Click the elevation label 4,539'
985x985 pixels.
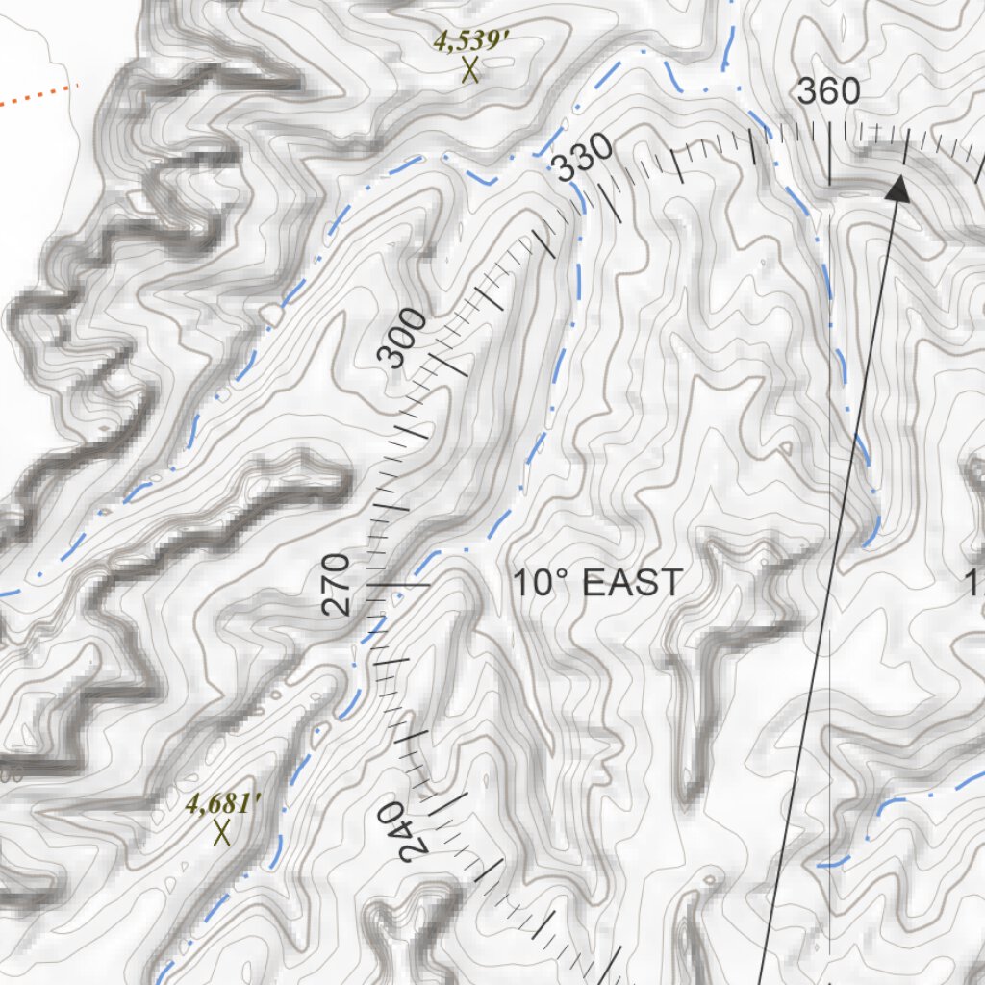[x=469, y=40]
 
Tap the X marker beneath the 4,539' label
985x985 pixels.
[x=470, y=70]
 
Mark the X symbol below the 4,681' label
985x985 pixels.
[x=222, y=832]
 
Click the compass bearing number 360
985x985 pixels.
[x=828, y=91]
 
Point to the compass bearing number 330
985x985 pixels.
[x=583, y=158]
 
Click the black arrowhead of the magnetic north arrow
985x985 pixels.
[x=898, y=189]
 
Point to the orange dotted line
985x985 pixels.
[x=38, y=94]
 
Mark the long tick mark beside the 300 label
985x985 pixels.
[x=446, y=364]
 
